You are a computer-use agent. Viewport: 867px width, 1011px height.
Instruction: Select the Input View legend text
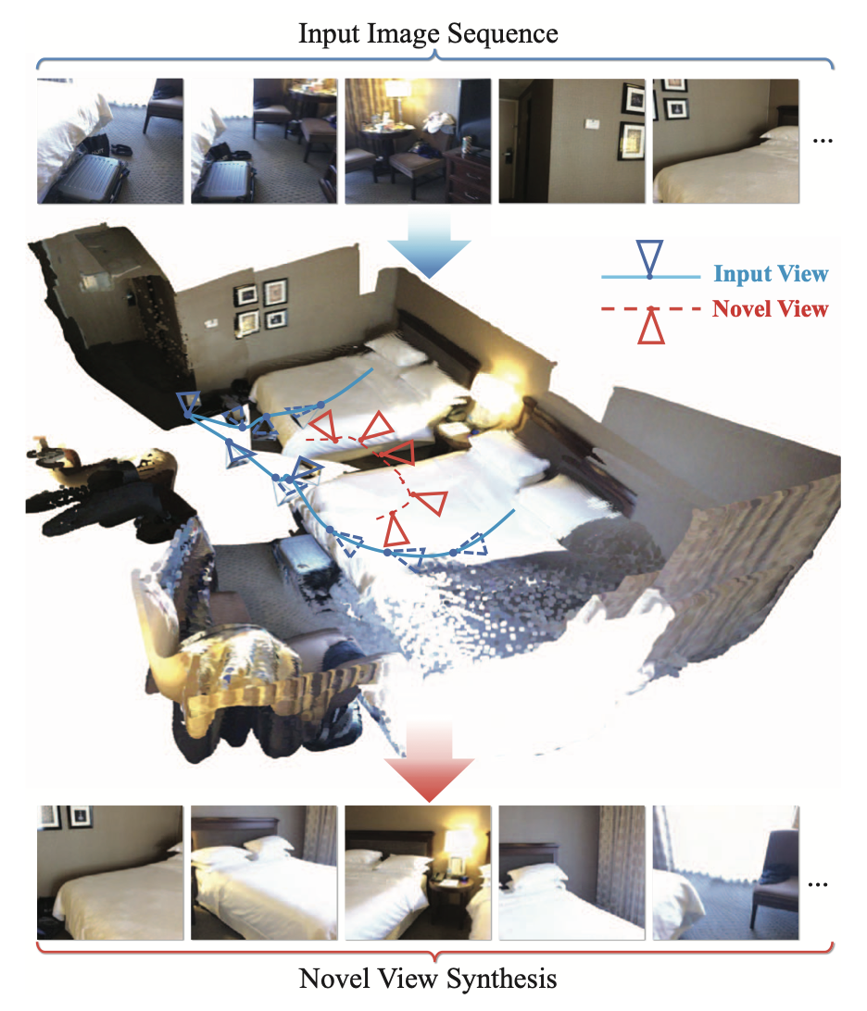pyautogui.click(x=771, y=274)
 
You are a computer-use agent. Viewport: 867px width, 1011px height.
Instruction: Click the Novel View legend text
pyautogui.click(x=770, y=309)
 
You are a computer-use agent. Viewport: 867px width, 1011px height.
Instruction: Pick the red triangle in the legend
pyautogui.click(x=650, y=326)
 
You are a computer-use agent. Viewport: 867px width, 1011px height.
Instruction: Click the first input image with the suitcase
pyautogui.click(x=110, y=142)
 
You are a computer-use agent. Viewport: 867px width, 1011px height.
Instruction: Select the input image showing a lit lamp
pyautogui.click(x=418, y=142)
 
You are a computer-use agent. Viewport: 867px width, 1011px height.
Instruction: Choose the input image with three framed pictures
pyautogui.click(x=572, y=142)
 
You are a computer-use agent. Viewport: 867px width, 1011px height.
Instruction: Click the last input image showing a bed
pyautogui.click(x=725, y=142)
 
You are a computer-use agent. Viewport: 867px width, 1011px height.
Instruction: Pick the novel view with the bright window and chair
pyautogui.click(x=725, y=872)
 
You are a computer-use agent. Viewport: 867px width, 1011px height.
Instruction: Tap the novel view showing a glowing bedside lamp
pyautogui.click(x=418, y=872)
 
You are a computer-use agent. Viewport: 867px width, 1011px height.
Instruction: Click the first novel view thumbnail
pyautogui.click(x=110, y=872)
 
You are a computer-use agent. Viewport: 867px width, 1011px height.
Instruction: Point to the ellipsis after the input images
pyautogui.click(x=823, y=141)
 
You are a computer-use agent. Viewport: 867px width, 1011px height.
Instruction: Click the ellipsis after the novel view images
pyautogui.click(x=818, y=885)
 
